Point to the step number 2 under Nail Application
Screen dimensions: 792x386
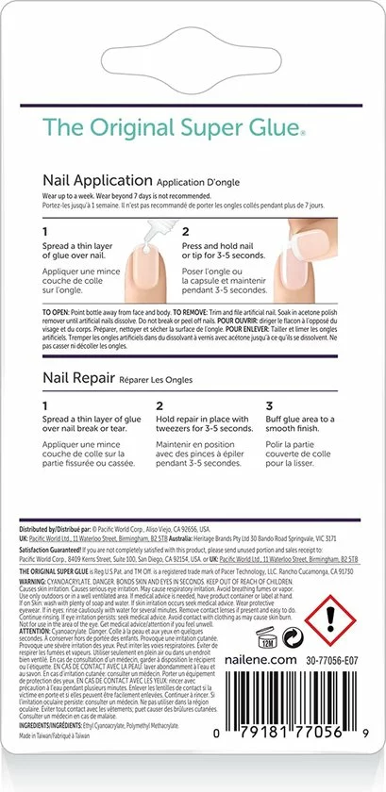(x=186, y=230)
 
